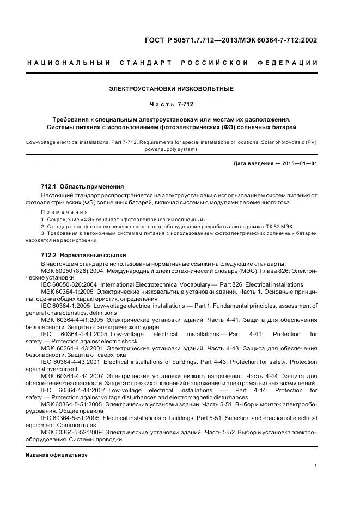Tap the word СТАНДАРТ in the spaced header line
[x=147, y=63]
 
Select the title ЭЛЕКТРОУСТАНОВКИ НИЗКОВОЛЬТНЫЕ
[x=172, y=88]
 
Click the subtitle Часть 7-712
[x=172, y=104]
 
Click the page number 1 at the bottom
[x=316, y=466]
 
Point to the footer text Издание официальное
[x=57, y=455]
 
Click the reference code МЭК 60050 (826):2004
[x=71, y=271]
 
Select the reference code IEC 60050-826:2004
[x=69, y=285]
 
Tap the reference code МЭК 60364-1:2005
[x=67, y=292]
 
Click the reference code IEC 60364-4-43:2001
[x=69, y=362]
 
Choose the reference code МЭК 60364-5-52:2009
[x=70, y=433]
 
